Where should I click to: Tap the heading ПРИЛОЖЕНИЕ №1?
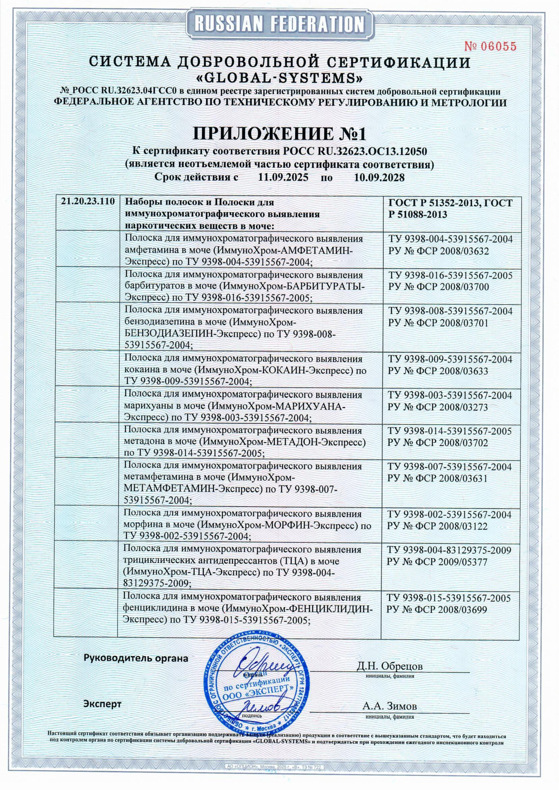[x=279, y=134]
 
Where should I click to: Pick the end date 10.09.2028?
[x=379, y=178]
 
